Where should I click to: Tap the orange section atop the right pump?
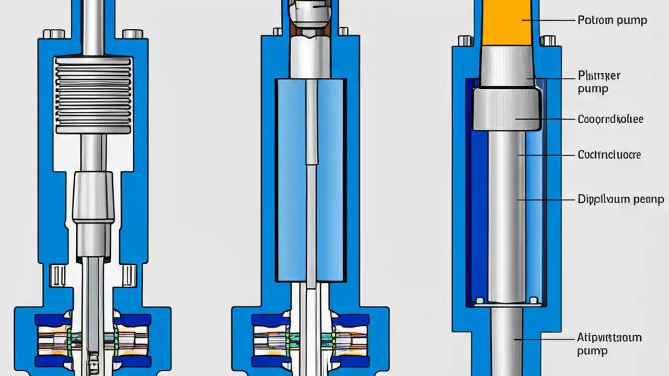click(505, 22)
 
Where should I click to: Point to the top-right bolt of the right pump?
click(548, 40)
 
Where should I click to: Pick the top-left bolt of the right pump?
click(465, 40)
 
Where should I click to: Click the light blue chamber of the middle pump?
click(293, 178)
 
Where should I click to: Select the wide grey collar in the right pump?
click(506, 109)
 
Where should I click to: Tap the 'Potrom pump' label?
click(612, 20)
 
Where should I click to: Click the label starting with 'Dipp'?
click(621, 199)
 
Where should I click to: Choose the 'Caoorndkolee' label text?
click(610, 119)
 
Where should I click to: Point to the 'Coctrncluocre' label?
click(609, 155)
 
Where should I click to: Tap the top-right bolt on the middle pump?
click(343, 31)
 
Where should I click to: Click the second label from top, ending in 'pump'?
click(599, 82)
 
